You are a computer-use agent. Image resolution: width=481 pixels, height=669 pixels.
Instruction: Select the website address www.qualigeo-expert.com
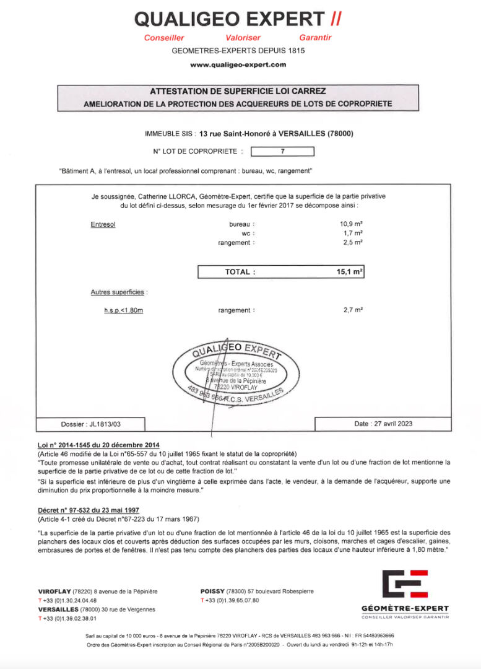[x=238, y=64]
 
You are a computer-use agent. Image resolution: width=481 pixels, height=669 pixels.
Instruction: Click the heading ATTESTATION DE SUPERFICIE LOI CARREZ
[x=238, y=91]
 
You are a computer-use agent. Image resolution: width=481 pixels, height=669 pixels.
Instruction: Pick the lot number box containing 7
[x=282, y=151]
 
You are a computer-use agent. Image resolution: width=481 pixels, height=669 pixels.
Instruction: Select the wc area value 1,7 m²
[x=353, y=233]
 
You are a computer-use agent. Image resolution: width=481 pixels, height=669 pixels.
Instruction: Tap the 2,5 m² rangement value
[x=353, y=243]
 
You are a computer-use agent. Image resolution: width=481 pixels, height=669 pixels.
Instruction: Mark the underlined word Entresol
[x=103, y=224]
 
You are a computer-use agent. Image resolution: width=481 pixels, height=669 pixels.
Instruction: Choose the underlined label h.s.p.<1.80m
[x=123, y=310]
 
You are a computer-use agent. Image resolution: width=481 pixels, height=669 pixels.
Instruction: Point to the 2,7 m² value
[x=353, y=310]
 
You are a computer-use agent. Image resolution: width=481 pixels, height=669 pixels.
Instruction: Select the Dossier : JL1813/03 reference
[x=91, y=424]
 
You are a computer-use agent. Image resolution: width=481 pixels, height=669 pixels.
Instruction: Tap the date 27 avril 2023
[x=383, y=424]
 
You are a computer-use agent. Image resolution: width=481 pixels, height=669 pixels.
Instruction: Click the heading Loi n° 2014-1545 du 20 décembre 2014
[x=99, y=445]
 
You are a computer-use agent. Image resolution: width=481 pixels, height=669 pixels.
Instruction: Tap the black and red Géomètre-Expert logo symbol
[x=405, y=585]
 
